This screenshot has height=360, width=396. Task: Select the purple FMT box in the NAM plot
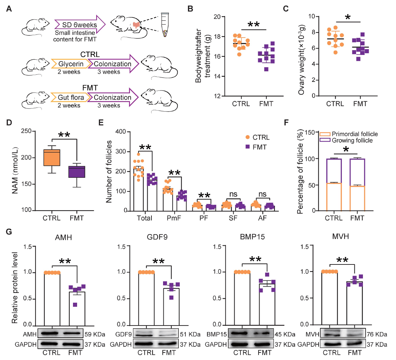tap(76, 172)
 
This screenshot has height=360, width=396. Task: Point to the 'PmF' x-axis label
tap(174, 218)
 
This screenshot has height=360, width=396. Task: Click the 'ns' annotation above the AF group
tap(262, 194)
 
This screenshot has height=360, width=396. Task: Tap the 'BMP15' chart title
tap(252, 236)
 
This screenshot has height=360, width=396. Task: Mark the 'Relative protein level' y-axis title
tap(15, 287)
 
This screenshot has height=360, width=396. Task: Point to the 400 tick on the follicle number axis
tap(121, 132)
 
